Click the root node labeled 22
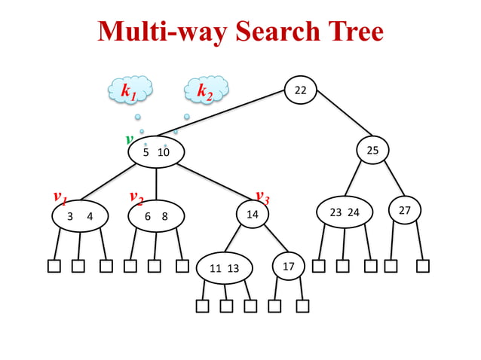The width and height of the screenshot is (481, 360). tap(300, 90)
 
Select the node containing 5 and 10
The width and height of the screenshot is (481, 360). tap(156, 152)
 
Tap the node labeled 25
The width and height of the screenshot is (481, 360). tap(372, 151)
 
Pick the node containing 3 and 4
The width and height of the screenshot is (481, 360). tap(80, 216)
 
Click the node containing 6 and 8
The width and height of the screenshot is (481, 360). tap(156, 216)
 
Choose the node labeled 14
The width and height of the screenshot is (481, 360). tap(253, 214)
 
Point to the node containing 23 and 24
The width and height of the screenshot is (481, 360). tap(345, 212)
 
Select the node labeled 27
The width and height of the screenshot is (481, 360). tap(405, 210)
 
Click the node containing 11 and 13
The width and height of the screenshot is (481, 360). tap(225, 268)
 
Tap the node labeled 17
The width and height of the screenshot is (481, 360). tap(288, 267)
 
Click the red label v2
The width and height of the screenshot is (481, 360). tap(136, 197)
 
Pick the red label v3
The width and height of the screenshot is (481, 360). tap(262, 197)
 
